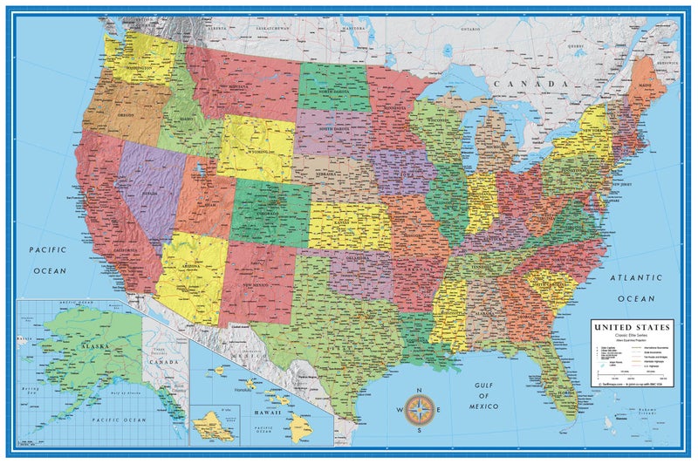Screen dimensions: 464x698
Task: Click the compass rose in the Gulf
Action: tap(421, 407)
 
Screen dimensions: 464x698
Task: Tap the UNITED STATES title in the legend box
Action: tap(633, 327)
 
